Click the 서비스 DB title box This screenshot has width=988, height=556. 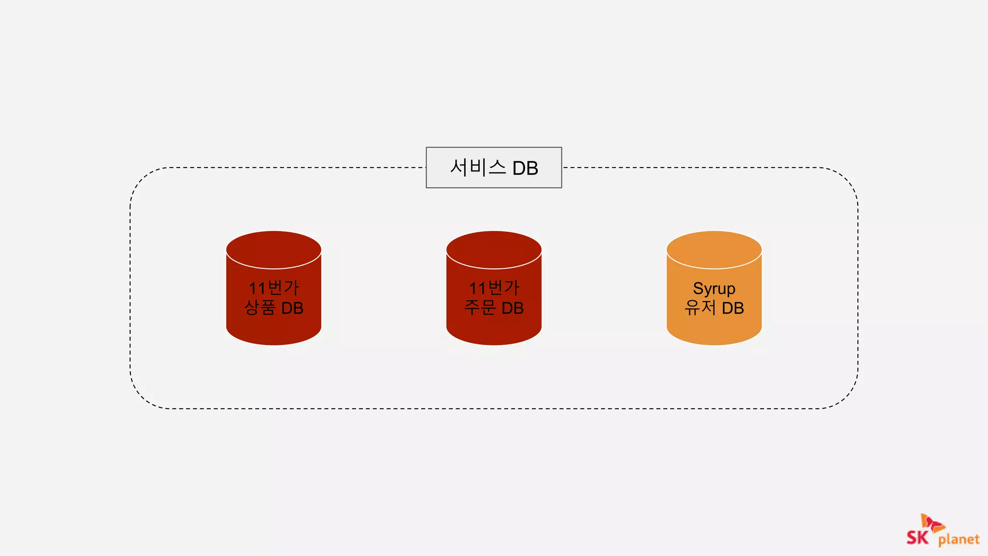point(494,167)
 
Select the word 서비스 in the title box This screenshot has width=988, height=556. point(478,167)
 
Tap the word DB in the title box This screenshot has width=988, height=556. point(525,168)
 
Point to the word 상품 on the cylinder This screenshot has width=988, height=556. point(260,307)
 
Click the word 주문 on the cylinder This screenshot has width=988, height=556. point(480,307)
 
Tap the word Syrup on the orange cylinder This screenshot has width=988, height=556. point(714,289)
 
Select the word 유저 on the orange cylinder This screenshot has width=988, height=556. point(700,307)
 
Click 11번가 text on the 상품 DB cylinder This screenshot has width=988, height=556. point(274,288)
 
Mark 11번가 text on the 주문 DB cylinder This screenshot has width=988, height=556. point(494,288)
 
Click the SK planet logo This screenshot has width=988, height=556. point(943,531)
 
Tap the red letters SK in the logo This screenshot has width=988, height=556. point(917,537)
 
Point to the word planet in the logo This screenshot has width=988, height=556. point(959,539)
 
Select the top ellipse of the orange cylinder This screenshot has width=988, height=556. point(714,250)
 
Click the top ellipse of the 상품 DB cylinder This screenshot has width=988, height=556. point(274,250)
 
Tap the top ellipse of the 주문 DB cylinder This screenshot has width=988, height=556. point(494,250)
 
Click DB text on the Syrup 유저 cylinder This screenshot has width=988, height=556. point(732,308)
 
